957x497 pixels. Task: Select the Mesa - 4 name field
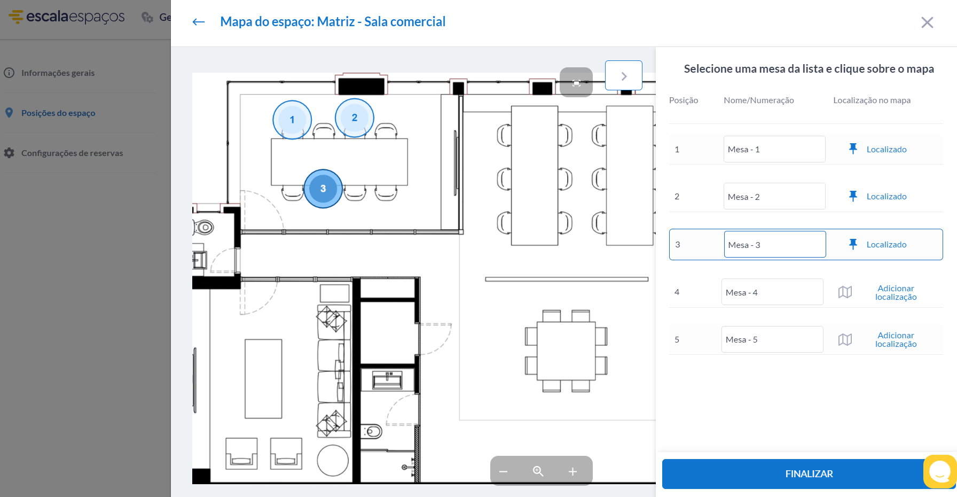[x=772, y=292]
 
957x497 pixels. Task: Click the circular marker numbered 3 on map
[x=323, y=189]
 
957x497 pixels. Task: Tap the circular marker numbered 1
[x=292, y=120]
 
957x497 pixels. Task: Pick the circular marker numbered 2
[x=355, y=118]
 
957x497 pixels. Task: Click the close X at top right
[x=927, y=22]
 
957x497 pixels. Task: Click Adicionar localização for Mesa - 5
[x=896, y=340]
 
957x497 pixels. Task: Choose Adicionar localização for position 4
[x=896, y=293]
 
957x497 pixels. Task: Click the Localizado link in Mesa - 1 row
[x=886, y=150]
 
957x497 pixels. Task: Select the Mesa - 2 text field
[x=774, y=197]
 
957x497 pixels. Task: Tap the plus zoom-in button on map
[x=572, y=471]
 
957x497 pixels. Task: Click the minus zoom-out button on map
[x=503, y=471]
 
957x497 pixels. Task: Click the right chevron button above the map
[x=623, y=76]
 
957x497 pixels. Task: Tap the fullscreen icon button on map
[x=576, y=83]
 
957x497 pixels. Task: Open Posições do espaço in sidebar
[x=58, y=113]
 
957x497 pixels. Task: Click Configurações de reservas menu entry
[x=72, y=153]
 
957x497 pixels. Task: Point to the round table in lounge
[x=333, y=460]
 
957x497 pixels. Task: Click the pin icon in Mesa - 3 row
[x=853, y=244]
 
